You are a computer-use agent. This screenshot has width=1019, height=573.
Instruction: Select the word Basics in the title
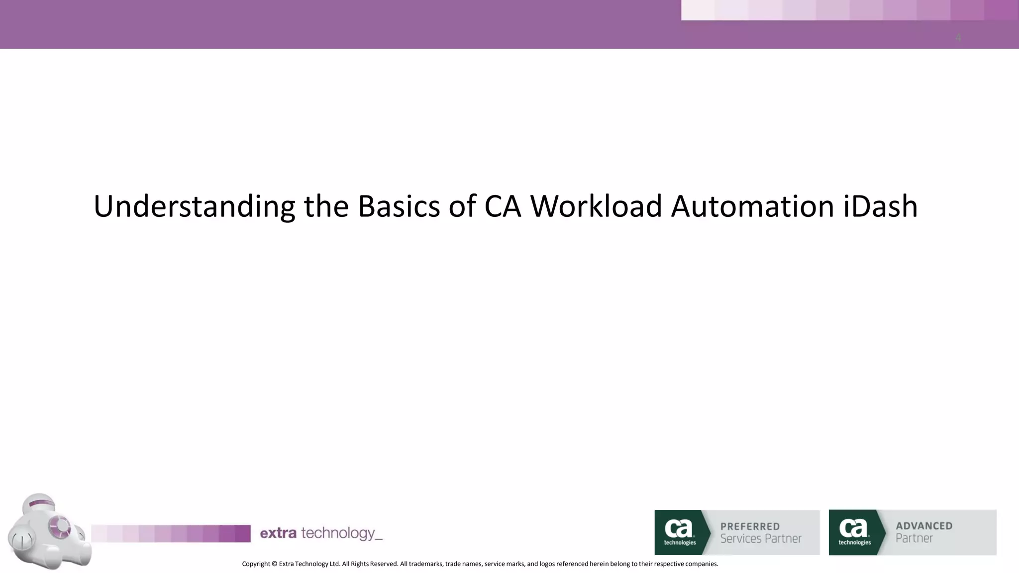399,206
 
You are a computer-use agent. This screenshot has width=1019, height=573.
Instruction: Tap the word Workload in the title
596,206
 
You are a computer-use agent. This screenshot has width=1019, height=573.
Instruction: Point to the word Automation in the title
752,206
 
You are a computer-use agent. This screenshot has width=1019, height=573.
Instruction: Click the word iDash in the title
880,206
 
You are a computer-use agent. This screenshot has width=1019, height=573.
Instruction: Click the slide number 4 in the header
958,38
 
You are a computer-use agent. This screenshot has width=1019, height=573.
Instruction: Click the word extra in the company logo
278,533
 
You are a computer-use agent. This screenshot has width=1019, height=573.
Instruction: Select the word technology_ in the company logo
342,534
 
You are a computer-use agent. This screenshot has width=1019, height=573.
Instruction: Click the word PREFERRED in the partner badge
750,526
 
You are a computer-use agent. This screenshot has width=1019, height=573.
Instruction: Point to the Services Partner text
761,539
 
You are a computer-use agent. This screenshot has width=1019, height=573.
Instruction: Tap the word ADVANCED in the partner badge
924,526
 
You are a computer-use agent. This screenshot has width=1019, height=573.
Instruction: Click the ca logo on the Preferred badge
679,531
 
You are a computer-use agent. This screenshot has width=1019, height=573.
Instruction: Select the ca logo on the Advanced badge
854,531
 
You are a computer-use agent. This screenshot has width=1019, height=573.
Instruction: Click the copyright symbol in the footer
274,564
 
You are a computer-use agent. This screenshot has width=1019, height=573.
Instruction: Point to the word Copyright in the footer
256,564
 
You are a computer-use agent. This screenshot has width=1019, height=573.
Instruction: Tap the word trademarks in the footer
425,564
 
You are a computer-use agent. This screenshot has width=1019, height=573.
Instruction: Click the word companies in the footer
702,564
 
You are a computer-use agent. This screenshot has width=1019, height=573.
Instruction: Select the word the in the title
326,206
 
